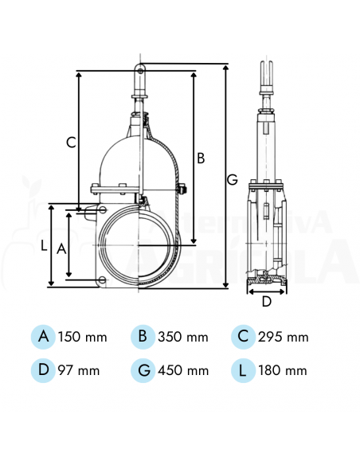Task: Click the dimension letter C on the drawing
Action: [71, 143]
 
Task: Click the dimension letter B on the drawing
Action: [201, 158]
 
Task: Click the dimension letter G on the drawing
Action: [232, 180]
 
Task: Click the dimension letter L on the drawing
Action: [44, 246]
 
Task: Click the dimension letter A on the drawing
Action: [60, 248]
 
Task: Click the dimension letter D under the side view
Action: [267, 301]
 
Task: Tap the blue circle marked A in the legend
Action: [43, 337]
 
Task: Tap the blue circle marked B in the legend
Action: [143, 337]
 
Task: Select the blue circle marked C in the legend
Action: [243, 337]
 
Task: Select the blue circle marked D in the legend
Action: [43, 370]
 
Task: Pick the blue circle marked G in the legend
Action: [143, 370]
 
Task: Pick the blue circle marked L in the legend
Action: [243, 370]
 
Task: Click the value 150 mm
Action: [83, 338]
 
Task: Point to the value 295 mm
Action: [284, 338]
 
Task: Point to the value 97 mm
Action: [80, 371]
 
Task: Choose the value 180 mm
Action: [284, 371]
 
